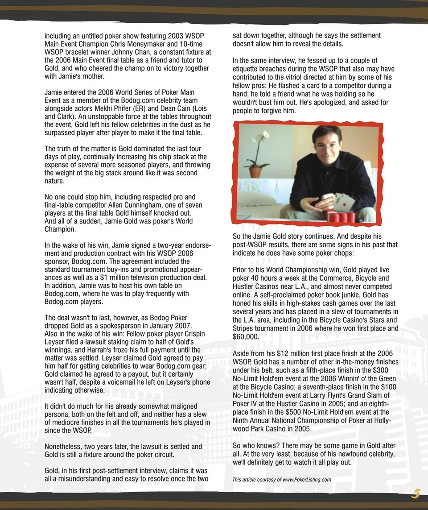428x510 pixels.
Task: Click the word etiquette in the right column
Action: (247, 69)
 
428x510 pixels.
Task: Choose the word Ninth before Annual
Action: (241, 420)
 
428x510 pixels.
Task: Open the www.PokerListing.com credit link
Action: (307, 480)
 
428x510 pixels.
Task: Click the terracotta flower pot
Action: (258, 172)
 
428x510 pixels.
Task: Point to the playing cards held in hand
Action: (344, 201)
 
